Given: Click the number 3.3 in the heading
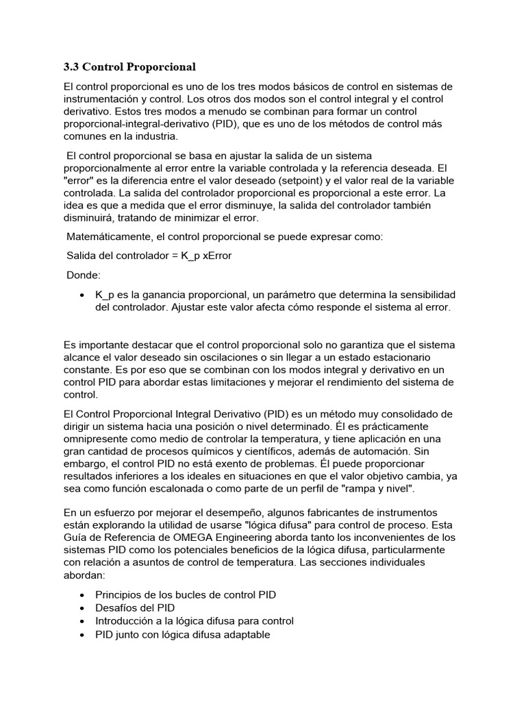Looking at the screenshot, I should click(x=71, y=67).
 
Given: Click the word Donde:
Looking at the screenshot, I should click(x=83, y=275).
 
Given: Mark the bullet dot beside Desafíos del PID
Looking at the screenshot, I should click(x=82, y=608).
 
